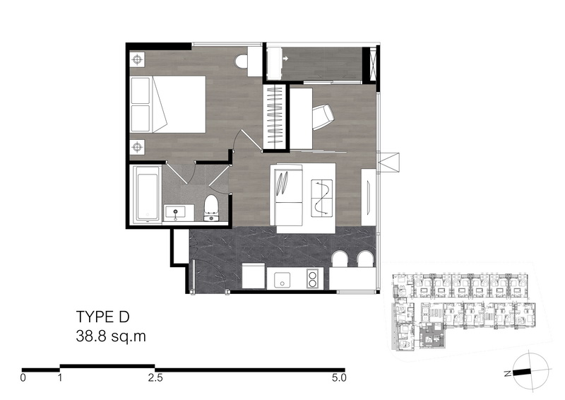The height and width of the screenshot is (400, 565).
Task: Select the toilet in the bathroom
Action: tap(211, 208)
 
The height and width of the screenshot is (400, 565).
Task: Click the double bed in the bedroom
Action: tap(168, 104)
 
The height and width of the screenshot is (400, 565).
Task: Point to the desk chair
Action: tap(323, 117)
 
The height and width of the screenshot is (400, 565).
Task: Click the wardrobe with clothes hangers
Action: tap(274, 117)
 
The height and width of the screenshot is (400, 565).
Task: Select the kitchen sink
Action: tap(282, 279)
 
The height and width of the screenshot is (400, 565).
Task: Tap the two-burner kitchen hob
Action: tap(312, 279)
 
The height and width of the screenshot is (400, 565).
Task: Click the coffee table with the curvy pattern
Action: tap(321, 198)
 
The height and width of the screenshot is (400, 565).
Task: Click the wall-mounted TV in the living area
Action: tap(369, 198)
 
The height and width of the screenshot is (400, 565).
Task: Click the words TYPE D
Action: tap(102, 317)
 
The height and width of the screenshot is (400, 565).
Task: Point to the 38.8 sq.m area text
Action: tap(111, 336)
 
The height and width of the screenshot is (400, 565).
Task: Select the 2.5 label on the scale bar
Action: tap(155, 377)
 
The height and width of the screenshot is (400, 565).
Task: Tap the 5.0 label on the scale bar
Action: tap(339, 377)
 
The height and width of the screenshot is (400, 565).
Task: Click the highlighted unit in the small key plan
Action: tap(433, 336)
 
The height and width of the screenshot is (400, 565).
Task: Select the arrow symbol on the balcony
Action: tap(286, 59)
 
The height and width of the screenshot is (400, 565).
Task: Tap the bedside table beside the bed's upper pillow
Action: tap(137, 59)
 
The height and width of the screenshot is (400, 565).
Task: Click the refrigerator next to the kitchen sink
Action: tap(254, 276)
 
